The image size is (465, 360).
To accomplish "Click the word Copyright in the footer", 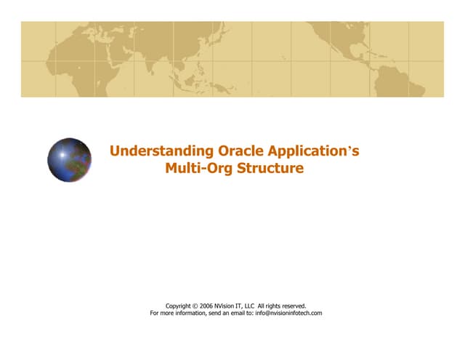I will click(181, 306).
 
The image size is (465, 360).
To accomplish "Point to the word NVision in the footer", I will click(235, 306).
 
